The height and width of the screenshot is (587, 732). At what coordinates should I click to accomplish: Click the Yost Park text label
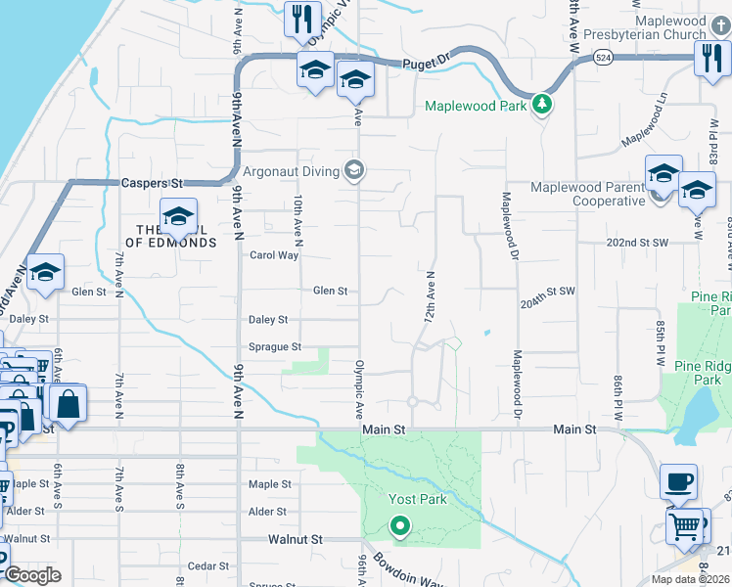418,499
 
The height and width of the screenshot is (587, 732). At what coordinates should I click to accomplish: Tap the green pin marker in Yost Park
399,527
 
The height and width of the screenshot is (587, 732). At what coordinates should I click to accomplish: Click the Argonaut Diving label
291,172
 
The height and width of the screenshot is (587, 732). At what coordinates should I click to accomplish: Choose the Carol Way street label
273,255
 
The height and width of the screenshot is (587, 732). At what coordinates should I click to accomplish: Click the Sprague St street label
275,346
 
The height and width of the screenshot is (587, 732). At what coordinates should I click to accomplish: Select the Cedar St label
207,565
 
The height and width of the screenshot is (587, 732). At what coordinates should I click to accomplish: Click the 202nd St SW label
637,242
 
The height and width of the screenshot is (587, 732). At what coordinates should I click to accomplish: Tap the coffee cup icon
678,481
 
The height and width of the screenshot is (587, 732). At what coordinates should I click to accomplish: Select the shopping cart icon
685,525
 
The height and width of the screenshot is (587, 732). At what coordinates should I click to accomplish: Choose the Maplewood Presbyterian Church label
645,27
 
